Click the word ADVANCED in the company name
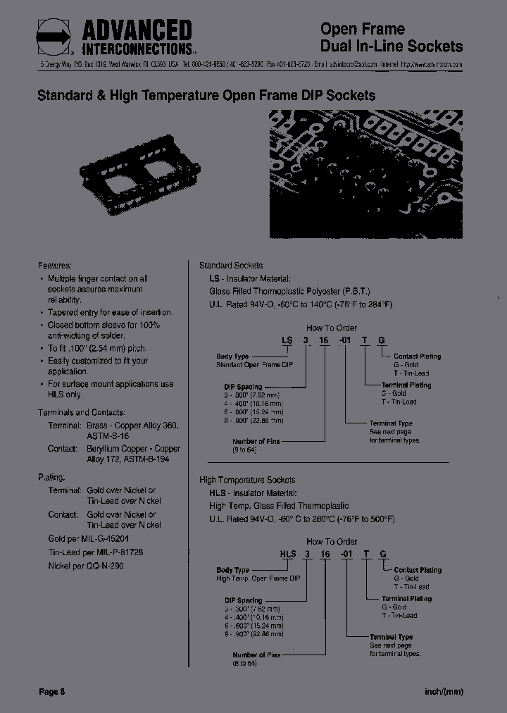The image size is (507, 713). coord(137,30)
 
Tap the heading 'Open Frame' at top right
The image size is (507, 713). coord(363,29)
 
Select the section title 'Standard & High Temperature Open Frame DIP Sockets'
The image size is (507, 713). coord(206,95)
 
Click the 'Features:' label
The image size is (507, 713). coord(55,266)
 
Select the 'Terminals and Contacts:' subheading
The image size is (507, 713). coord(81,412)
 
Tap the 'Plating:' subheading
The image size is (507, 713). coord(51,477)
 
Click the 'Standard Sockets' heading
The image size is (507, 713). coord(231,266)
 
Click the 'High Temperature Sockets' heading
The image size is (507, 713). coord(247,480)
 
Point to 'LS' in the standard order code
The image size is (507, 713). coord(287,340)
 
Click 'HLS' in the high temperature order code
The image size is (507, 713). coord(287,554)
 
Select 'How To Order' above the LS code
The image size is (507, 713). coord(331,328)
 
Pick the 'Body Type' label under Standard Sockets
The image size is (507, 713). coord(232,356)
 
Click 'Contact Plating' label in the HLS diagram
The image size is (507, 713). coord(418,570)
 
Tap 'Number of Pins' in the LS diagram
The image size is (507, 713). coord(256,441)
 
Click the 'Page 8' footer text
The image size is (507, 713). coord(51,692)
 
